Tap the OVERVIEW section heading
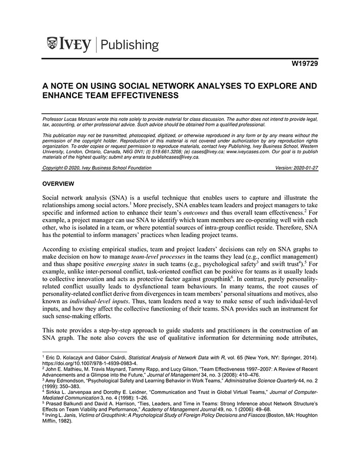tap(59, 184)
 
